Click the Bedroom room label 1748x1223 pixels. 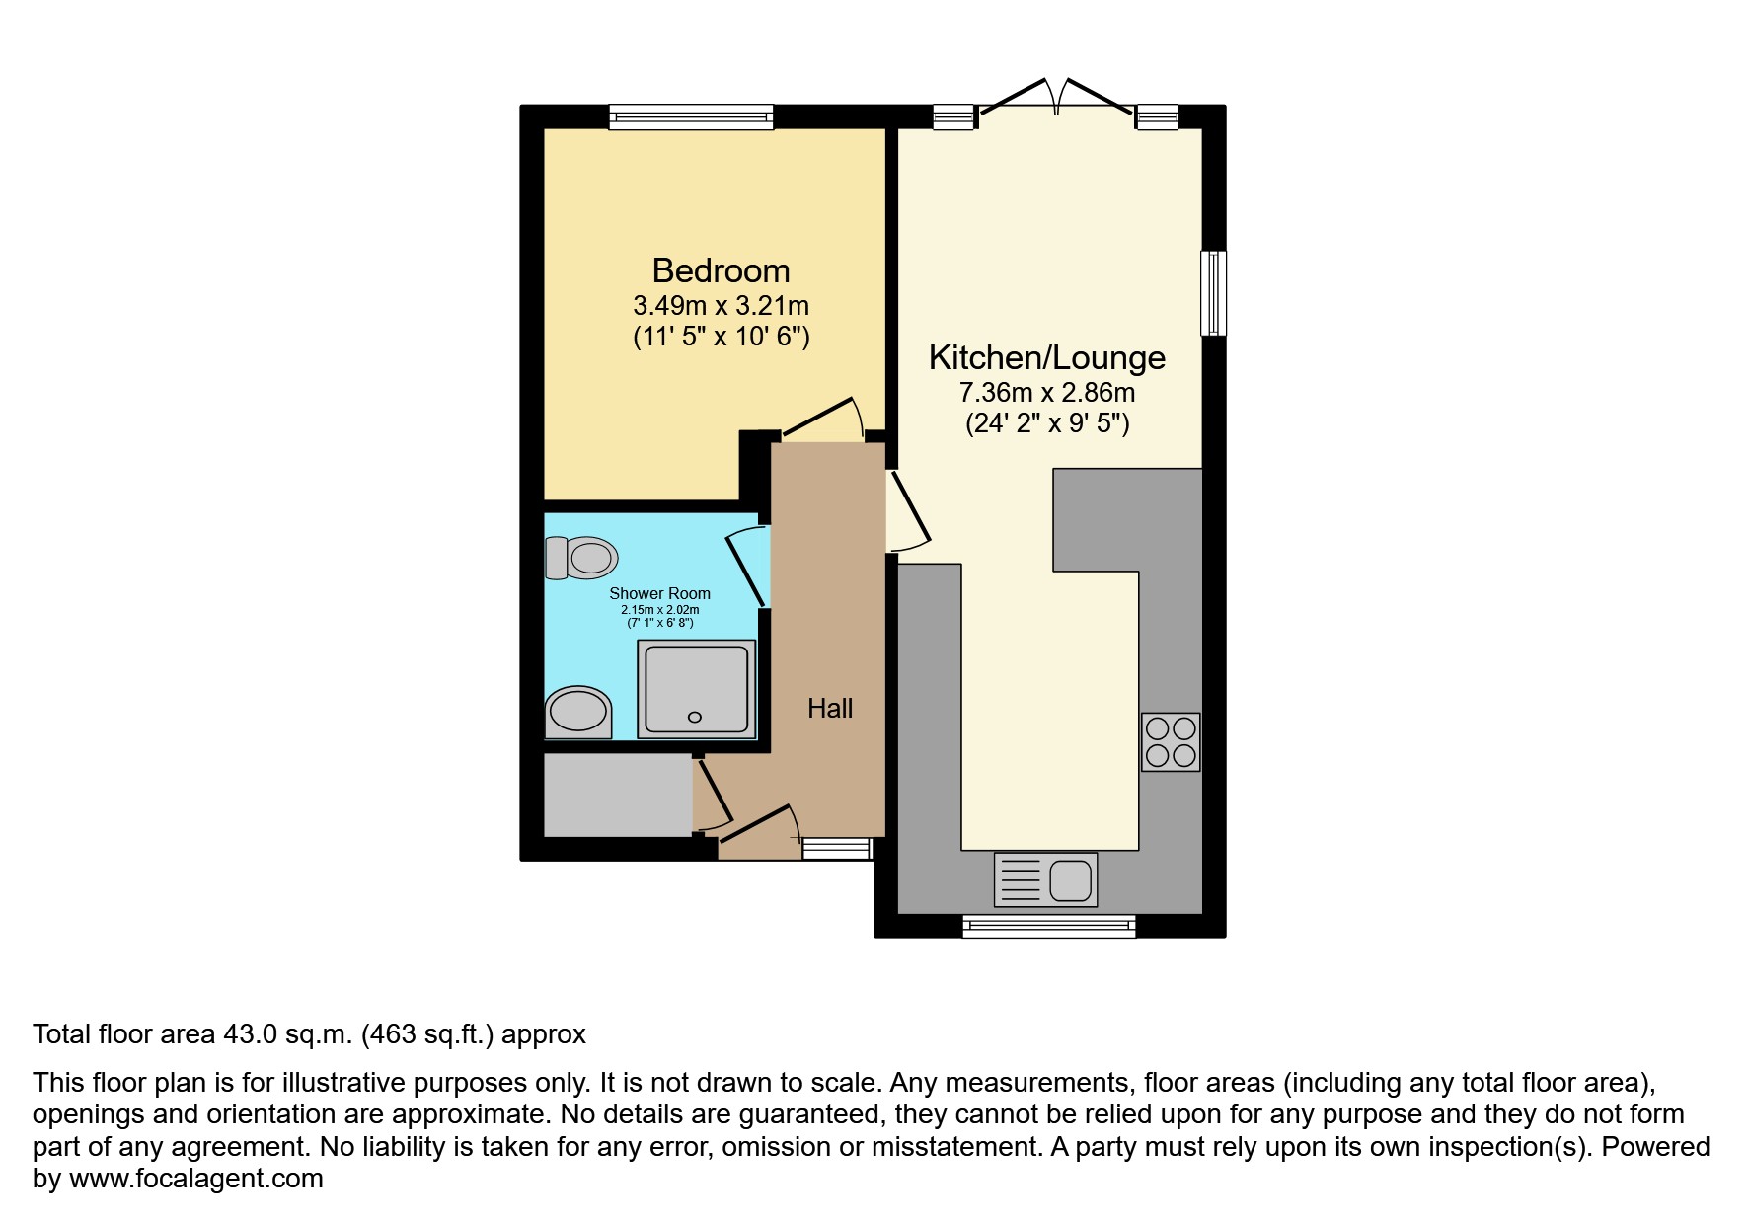[x=721, y=270]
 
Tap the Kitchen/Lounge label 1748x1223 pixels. [x=1047, y=357]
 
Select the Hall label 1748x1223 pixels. [x=830, y=708]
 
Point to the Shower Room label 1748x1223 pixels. [x=659, y=593]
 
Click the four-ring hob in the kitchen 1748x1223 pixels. [x=1171, y=742]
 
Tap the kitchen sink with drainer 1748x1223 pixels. [x=1045, y=879]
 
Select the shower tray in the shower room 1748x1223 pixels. [x=697, y=689]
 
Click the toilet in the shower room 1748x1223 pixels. [x=581, y=558]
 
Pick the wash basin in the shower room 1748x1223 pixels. [x=578, y=712]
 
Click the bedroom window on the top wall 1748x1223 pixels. [x=691, y=117]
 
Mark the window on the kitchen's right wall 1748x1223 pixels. [x=1213, y=293]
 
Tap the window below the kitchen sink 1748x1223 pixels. [x=1049, y=925]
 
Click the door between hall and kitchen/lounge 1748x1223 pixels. [x=908, y=510]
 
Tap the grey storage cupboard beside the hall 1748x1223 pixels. [x=618, y=796]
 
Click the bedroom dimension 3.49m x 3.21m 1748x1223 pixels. [x=721, y=306]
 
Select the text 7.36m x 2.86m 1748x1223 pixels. [x=1047, y=393]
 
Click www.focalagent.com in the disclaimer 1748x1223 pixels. [x=196, y=1179]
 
